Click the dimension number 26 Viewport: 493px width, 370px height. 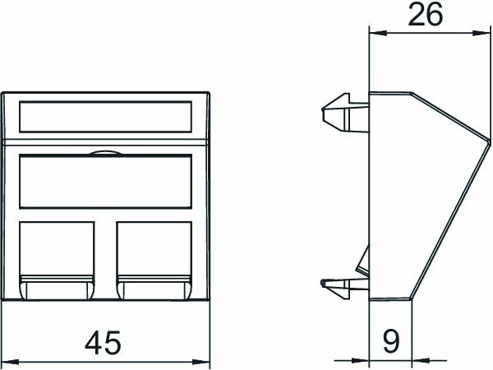[x=425, y=15]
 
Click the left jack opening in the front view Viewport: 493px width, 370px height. [x=55, y=249]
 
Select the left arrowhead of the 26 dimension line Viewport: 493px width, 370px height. [x=375, y=35]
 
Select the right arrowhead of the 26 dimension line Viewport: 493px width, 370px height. [x=485, y=35]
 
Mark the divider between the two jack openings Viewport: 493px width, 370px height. [x=104, y=255]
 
